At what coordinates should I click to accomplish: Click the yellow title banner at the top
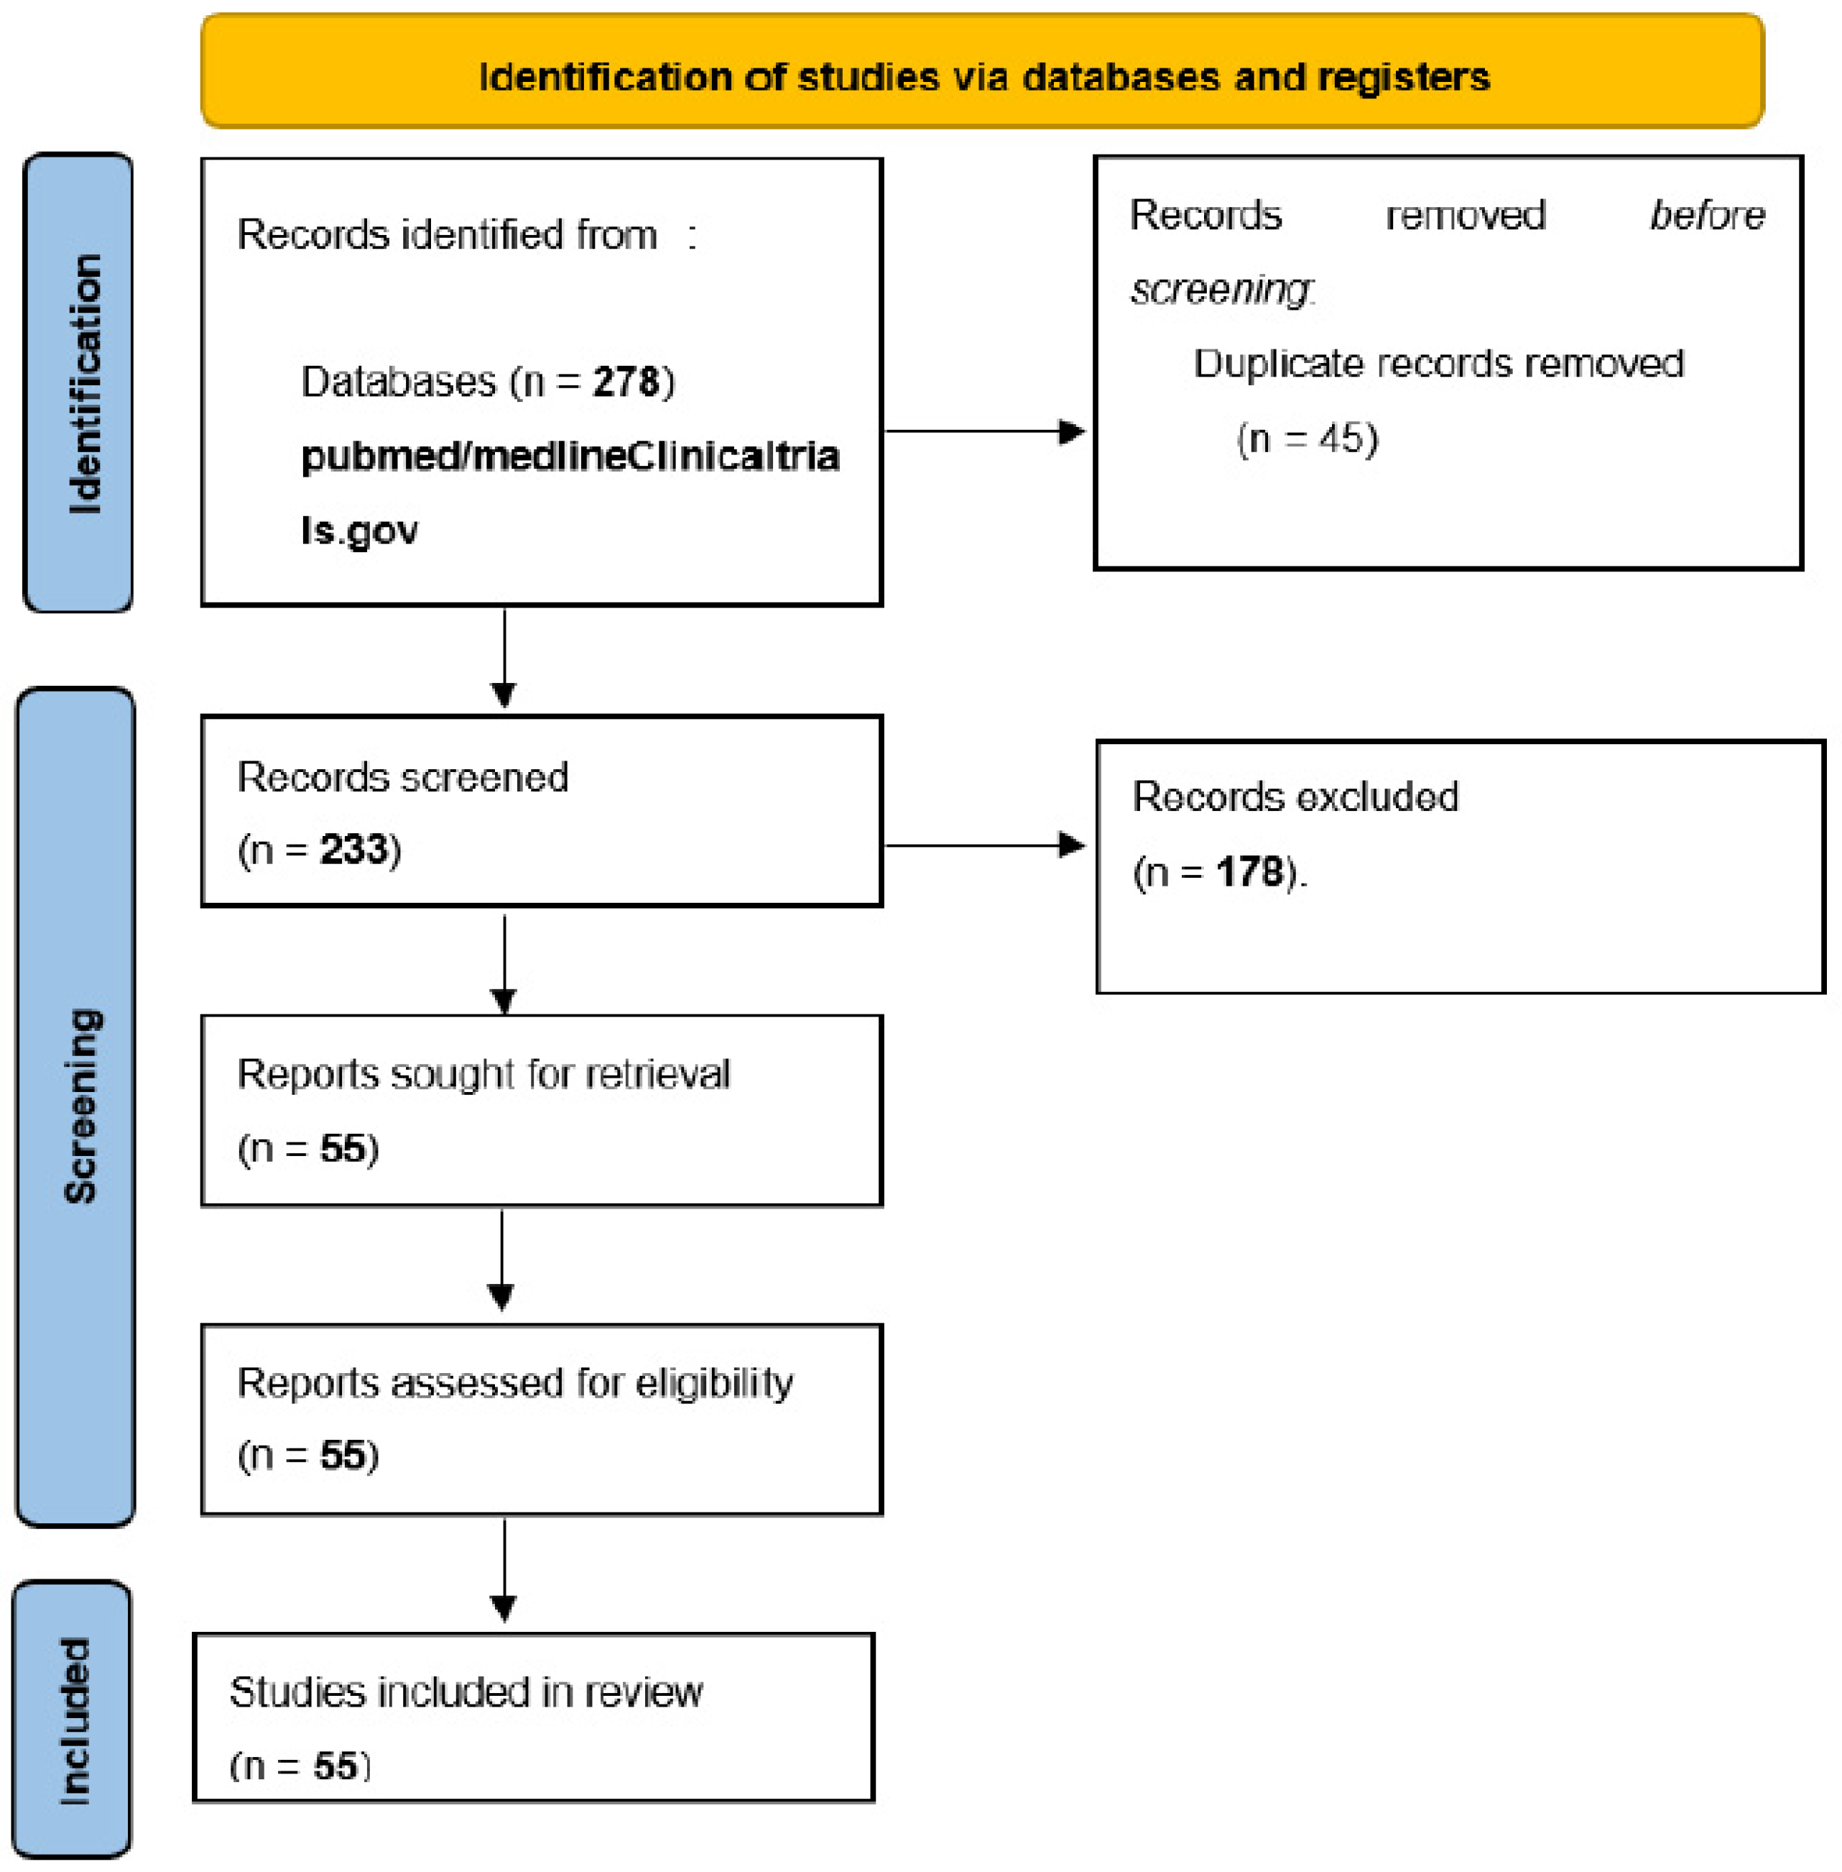[x=982, y=70]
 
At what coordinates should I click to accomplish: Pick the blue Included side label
[x=73, y=1720]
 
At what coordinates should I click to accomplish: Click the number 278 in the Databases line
[x=625, y=381]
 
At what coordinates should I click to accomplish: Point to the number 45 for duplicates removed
[x=1341, y=439]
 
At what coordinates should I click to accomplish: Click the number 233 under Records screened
[x=353, y=849]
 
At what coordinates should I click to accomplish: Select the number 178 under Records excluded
[x=1250, y=871]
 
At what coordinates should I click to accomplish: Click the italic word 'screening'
[x=1220, y=288]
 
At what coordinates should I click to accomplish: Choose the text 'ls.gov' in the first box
[x=359, y=531]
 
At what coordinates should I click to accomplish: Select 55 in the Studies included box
[x=335, y=1766]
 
